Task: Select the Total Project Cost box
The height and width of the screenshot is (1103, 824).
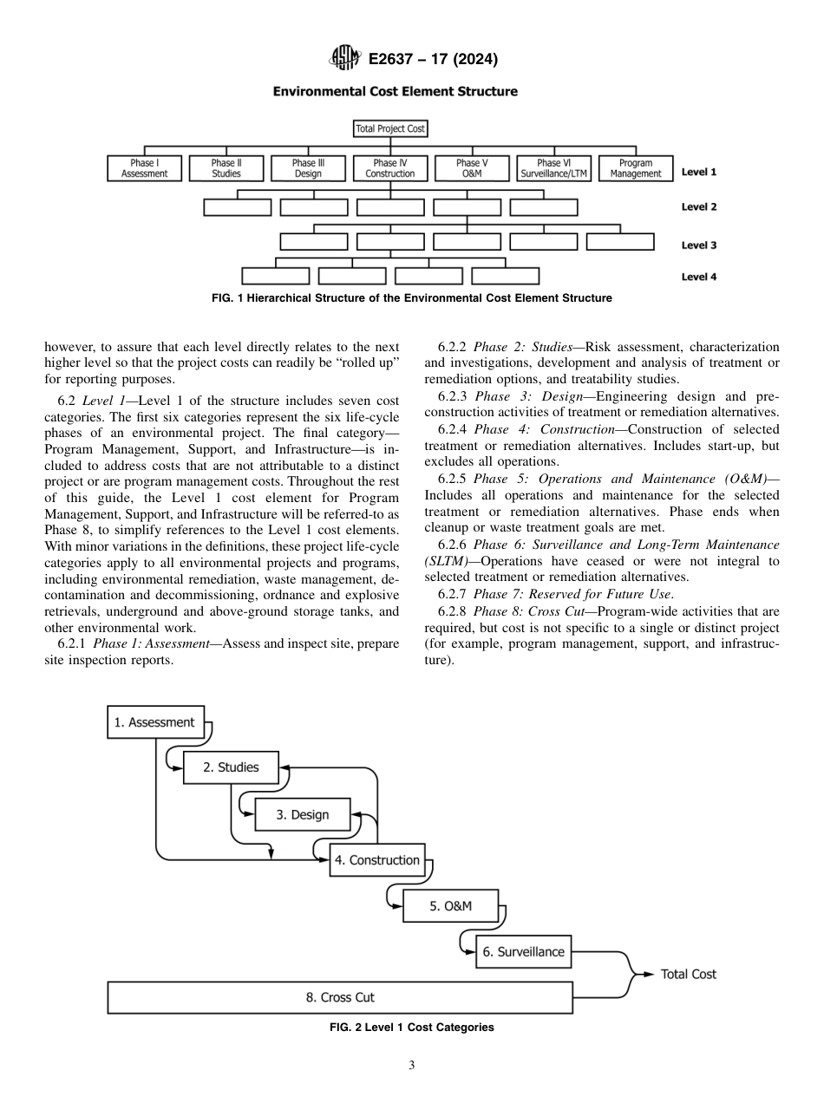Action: click(390, 129)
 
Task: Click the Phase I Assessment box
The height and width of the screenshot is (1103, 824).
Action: click(144, 168)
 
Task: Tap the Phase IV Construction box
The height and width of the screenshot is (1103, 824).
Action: click(390, 168)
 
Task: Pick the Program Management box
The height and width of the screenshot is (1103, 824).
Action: click(636, 168)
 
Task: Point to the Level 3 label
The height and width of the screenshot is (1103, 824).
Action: click(698, 245)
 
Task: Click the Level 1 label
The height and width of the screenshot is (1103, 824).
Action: click(698, 173)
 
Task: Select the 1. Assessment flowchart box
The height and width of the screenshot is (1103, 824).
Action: click(155, 722)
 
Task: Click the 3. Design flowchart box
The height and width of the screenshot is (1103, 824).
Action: click(304, 815)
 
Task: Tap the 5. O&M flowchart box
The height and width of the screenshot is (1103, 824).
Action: click(451, 906)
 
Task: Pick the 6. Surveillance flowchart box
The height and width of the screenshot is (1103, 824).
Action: click(523, 951)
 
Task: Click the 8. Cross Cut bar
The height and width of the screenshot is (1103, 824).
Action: click(340, 997)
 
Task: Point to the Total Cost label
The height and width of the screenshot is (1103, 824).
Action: click(689, 974)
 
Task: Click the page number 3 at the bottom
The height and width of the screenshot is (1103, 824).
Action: click(412, 1066)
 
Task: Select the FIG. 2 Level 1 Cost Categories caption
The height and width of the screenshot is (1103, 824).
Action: click(411, 1028)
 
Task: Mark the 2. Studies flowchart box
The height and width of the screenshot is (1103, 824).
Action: click(231, 767)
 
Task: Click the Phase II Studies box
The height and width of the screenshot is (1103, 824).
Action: click(226, 168)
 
